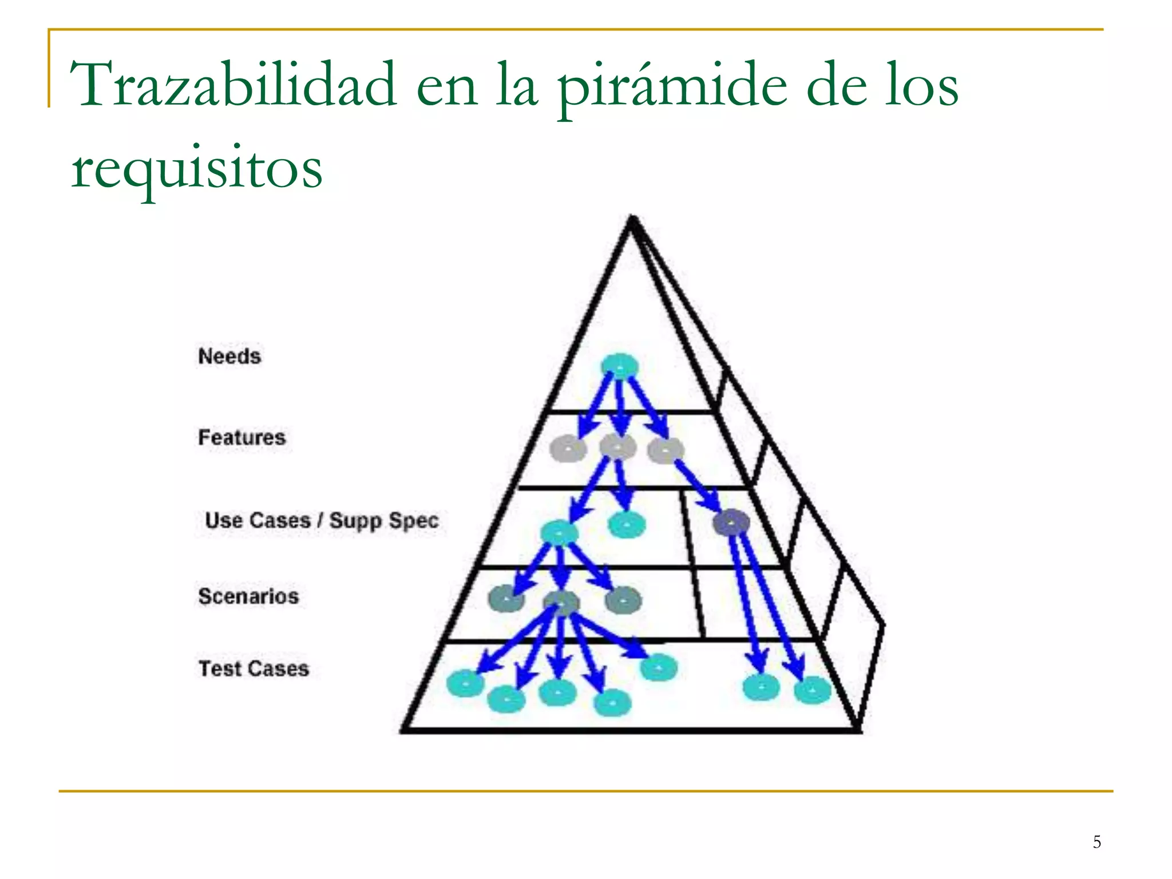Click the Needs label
(229, 356)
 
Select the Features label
(241, 437)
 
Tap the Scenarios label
(248, 596)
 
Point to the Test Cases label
(254, 668)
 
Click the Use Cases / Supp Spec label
(322, 520)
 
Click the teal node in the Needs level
(619, 366)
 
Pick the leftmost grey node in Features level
(568, 449)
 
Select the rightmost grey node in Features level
(666, 450)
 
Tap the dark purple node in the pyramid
(731, 522)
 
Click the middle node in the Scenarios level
(561, 603)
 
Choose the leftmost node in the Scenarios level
(506, 599)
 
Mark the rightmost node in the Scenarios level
(623, 600)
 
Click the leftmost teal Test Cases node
(465, 683)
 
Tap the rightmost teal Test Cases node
(812, 690)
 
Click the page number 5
(1096, 842)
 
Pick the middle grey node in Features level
(617, 447)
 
